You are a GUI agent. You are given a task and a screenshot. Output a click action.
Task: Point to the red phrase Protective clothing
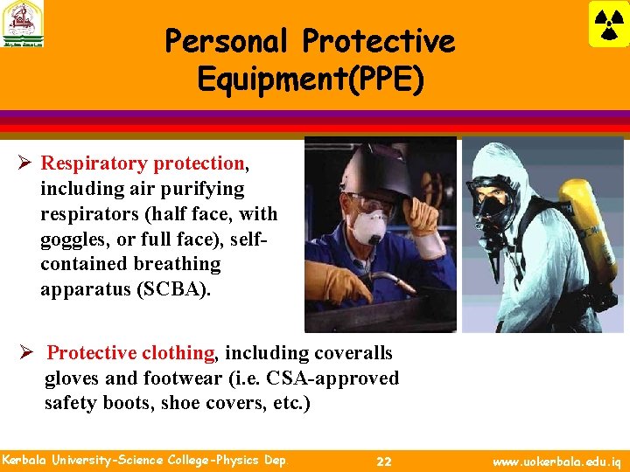click(130, 353)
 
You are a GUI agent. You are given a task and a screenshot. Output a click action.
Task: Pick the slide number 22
click(383, 461)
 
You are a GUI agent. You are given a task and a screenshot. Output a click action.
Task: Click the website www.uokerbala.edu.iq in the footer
click(557, 461)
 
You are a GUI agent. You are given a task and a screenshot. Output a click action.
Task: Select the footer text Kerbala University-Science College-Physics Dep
click(143, 460)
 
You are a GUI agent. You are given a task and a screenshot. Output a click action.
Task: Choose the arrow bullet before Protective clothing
click(28, 353)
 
